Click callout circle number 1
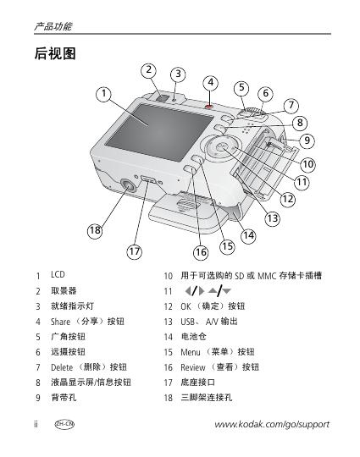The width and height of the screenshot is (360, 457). point(104,94)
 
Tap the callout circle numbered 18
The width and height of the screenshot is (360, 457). point(95,230)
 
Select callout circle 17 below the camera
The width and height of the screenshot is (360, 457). point(135,251)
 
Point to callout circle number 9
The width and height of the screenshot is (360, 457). point(307,140)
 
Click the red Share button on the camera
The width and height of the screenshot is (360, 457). point(208,107)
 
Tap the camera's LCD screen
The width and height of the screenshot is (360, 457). point(159,133)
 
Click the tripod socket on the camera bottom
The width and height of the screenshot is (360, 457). point(128,185)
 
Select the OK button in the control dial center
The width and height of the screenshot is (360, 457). point(221,146)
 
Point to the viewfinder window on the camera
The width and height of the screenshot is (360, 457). point(163,96)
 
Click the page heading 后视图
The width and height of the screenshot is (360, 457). point(55,53)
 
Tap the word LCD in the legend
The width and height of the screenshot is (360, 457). point(58,274)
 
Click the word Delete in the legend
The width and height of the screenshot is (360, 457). point(62,367)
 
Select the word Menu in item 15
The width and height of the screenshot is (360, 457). point(191,352)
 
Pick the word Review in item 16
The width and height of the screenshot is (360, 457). point(193,367)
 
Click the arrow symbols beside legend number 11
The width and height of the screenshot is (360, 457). point(208,290)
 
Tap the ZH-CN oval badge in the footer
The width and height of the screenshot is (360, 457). point(64,424)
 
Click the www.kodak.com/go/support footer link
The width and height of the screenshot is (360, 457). point(272,424)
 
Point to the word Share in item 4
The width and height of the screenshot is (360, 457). point(60,322)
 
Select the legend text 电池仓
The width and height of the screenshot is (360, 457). point(193,337)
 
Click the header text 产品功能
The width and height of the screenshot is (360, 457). point(53,26)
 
